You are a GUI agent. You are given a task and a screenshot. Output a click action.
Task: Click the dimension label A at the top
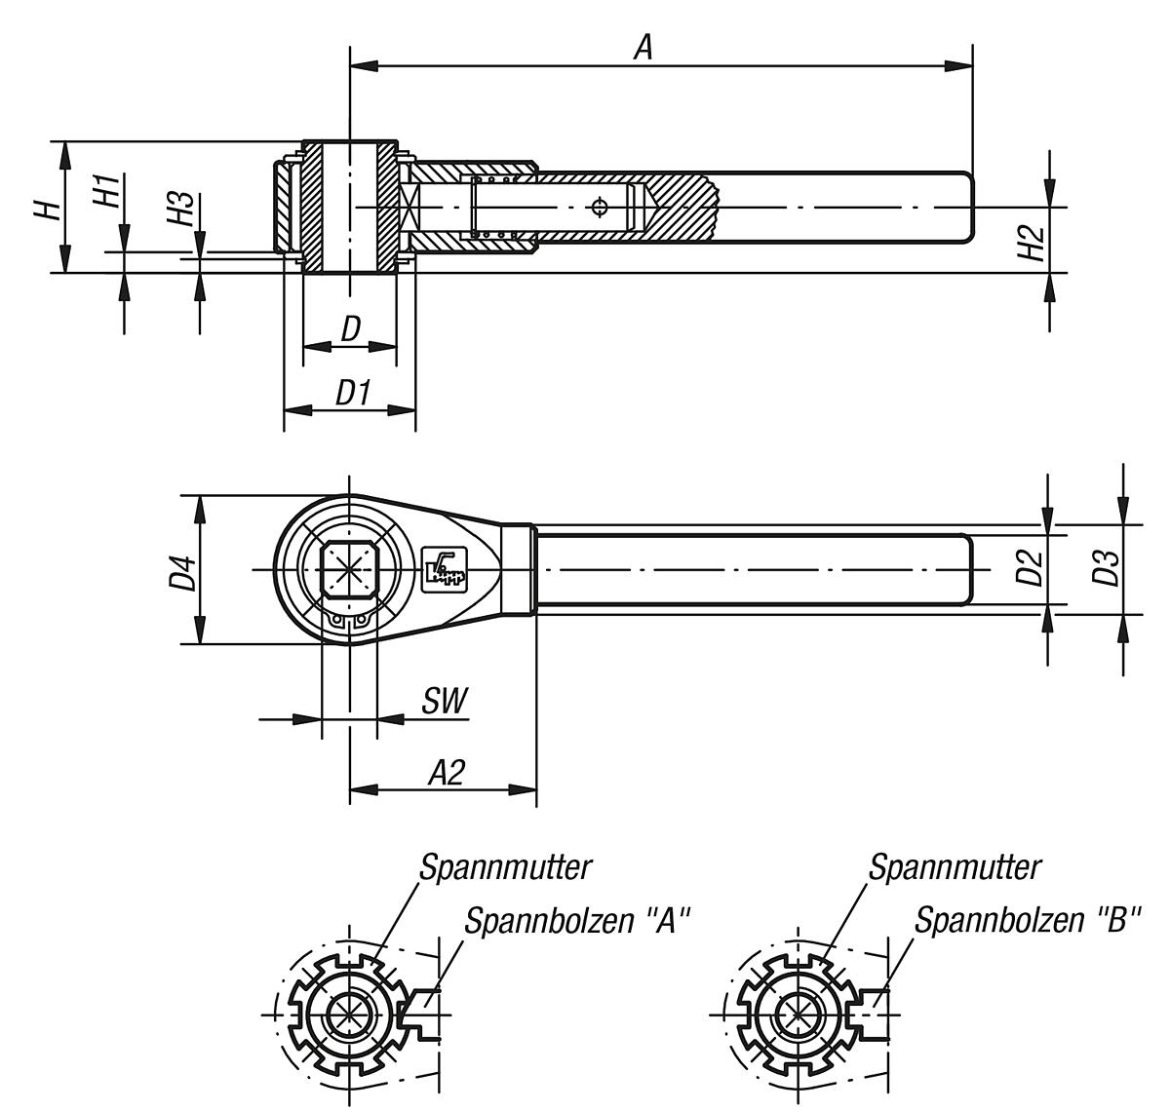643,46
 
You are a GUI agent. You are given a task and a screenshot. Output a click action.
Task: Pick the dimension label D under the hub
351,329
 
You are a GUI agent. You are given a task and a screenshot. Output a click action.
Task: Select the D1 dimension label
353,394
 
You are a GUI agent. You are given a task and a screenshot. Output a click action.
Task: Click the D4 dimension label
182,570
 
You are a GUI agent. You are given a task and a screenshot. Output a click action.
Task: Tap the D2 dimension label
1031,568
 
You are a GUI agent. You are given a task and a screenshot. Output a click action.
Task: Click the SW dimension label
445,702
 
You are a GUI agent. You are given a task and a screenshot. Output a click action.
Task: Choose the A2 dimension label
447,773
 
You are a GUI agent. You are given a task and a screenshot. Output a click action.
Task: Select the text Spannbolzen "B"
1027,921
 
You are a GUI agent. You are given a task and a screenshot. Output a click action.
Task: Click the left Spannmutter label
506,866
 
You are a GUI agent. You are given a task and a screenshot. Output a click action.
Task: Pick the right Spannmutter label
955,866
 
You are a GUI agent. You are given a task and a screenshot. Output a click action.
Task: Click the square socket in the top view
350,569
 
